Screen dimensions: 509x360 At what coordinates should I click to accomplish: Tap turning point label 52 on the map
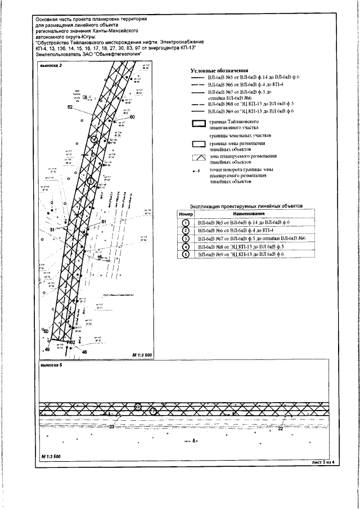[70, 107]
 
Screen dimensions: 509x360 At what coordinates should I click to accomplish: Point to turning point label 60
[133, 118]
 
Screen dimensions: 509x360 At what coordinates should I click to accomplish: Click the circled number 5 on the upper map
[90, 181]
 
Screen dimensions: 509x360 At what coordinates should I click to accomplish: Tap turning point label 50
[47, 332]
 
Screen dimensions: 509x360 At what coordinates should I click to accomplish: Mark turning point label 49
[47, 350]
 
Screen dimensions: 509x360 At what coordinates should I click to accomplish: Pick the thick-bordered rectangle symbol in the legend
[197, 124]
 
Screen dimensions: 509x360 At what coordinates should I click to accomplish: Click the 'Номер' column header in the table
[186, 214]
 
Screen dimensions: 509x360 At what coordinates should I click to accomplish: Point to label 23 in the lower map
[111, 427]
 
